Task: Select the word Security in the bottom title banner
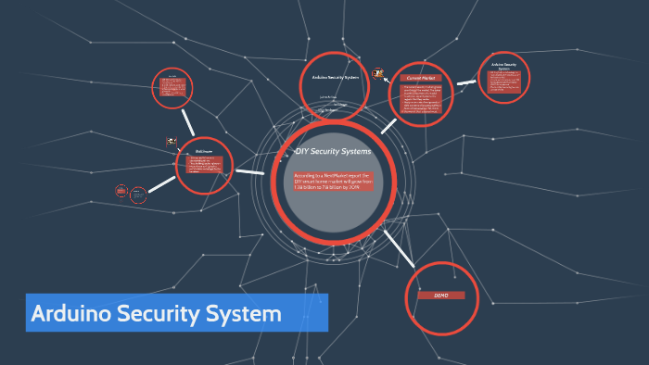coord(166,313)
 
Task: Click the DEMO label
coord(440,295)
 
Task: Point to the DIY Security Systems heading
coord(333,150)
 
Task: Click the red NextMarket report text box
coord(333,182)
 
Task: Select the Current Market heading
coord(422,78)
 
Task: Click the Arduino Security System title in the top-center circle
coord(336,77)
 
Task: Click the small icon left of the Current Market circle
coord(378,73)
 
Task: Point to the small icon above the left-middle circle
coord(172,142)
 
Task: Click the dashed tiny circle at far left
coord(121,191)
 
